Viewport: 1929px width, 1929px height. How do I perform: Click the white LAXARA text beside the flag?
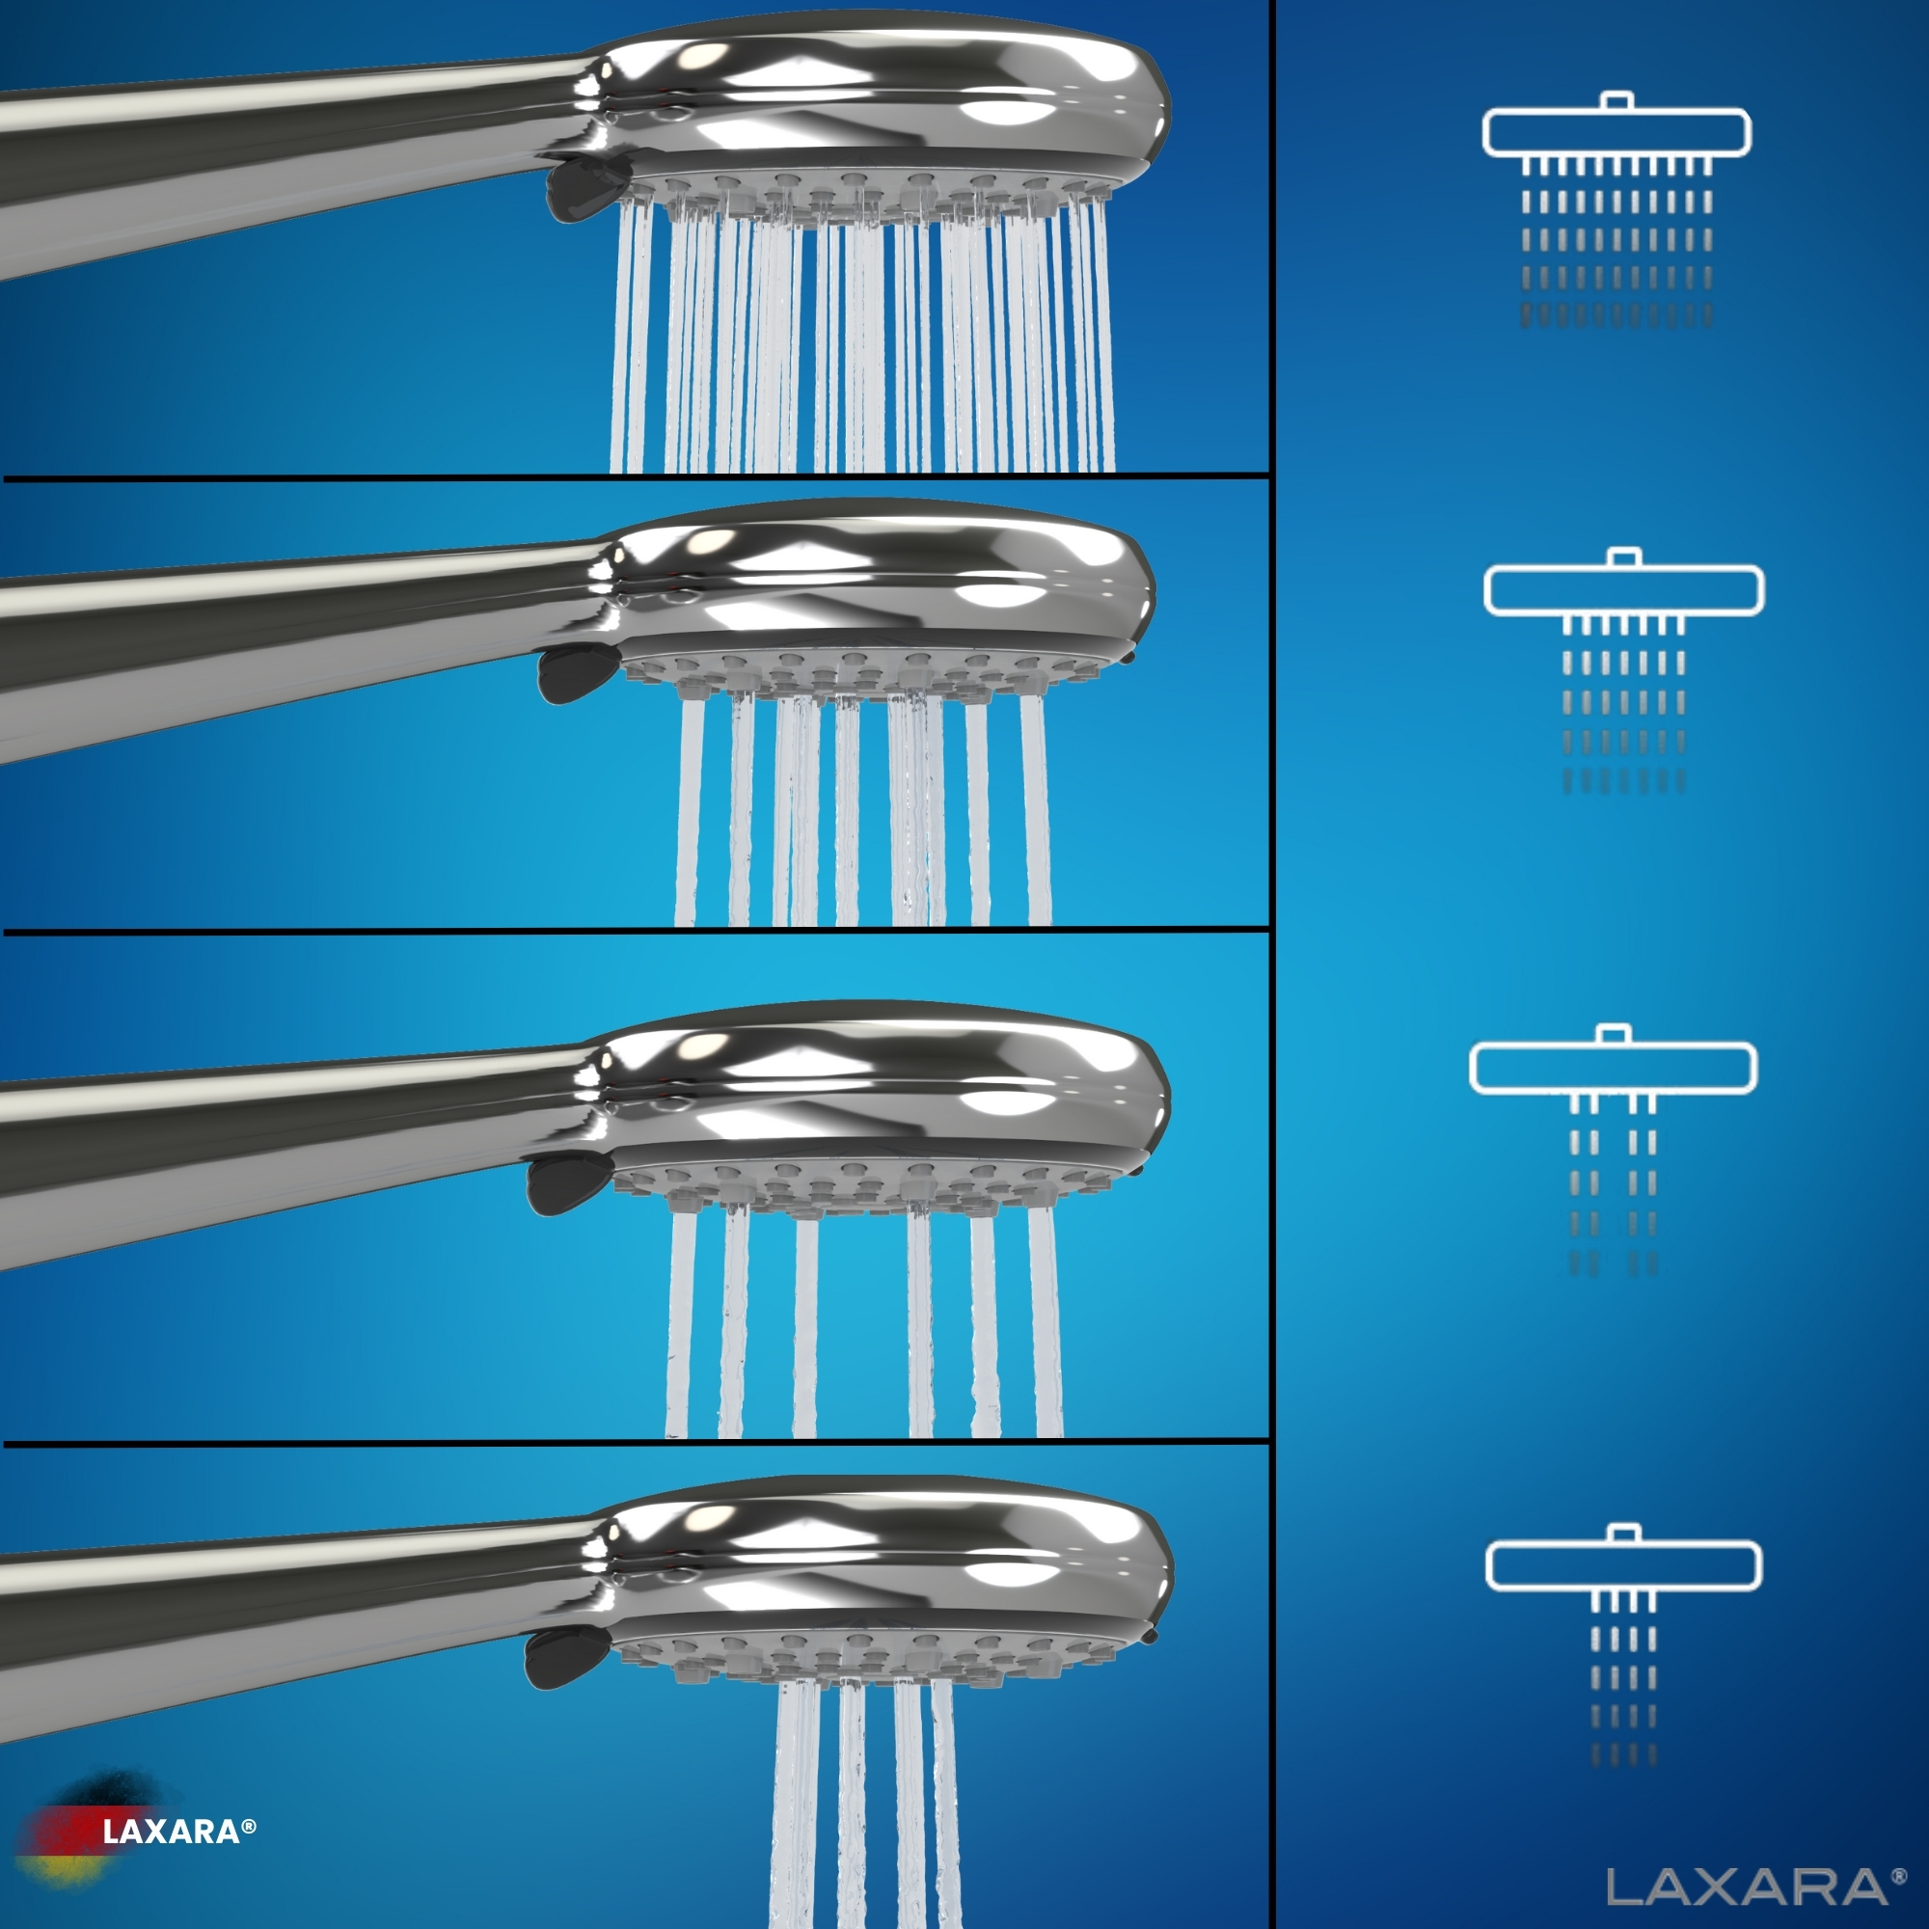pyautogui.click(x=171, y=1832)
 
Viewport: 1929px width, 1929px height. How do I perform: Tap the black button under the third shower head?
pyautogui.click(x=563, y=1184)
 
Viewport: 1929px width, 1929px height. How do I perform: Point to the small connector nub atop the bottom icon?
pyautogui.click(x=1623, y=1534)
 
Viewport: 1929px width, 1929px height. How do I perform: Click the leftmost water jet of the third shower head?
pyautogui.click(x=681, y=1323)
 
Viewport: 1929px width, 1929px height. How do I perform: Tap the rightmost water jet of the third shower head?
pyautogui.click(x=1046, y=1323)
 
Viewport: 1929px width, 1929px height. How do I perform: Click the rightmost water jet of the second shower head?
pyautogui.click(x=1035, y=811)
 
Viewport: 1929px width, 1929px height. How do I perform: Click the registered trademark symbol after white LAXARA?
pyautogui.click(x=249, y=1826)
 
